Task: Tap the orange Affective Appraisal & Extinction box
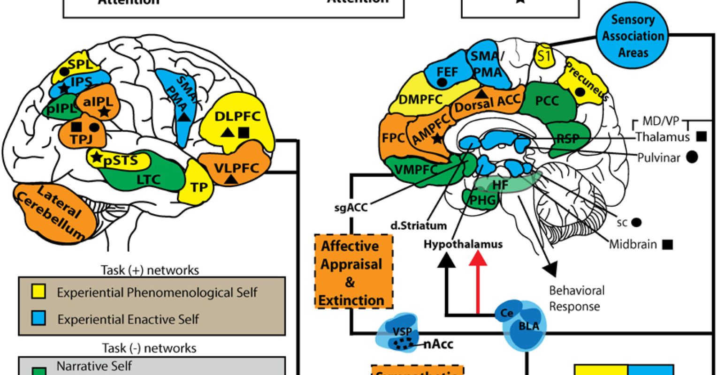(x=352, y=272)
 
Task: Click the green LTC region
(x=150, y=179)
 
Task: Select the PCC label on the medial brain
(x=547, y=100)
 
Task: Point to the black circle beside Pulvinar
(x=691, y=157)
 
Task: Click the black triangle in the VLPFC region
(x=230, y=179)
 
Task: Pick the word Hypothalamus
(x=463, y=244)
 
